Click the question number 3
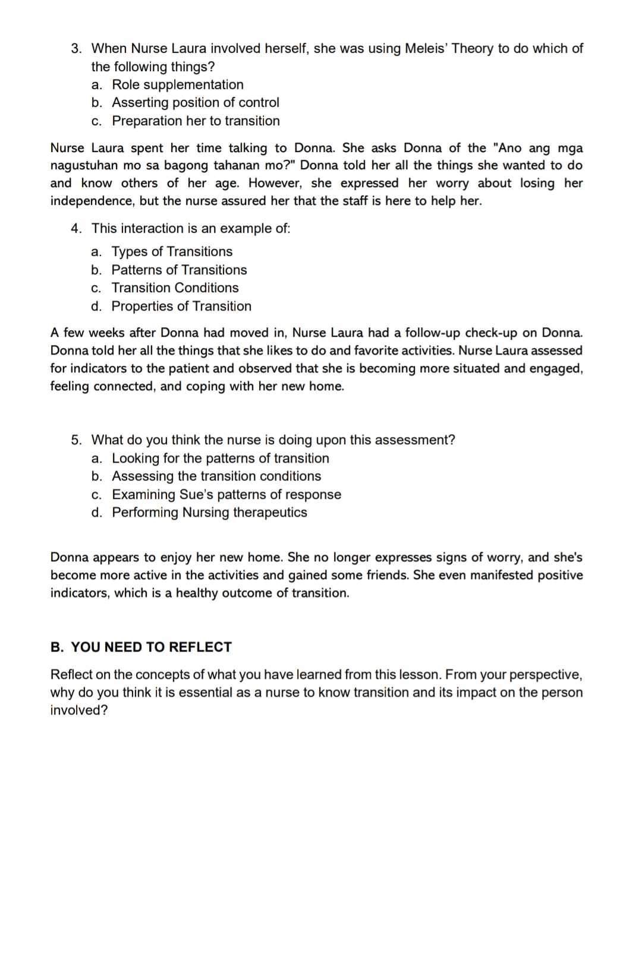coord(76,48)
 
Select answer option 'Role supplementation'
coord(177,84)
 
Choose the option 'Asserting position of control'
coord(195,102)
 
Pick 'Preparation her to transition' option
coord(196,121)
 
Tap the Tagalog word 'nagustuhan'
coord(80,165)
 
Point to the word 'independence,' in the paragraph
coord(92,201)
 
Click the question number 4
coord(76,228)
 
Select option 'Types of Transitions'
coord(172,251)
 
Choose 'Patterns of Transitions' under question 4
coord(179,270)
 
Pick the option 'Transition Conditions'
coord(175,287)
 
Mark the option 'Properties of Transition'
coord(181,306)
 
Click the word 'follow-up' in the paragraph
coord(432,332)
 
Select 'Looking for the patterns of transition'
coord(220,458)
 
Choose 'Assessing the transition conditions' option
coord(216,476)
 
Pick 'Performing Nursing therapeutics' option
coord(209,512)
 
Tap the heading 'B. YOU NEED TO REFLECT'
coord(141,647)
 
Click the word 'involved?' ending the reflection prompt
coord(78,710)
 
